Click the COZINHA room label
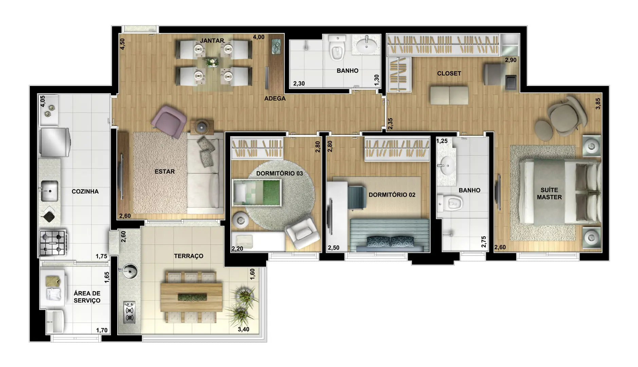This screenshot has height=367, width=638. point(85,192)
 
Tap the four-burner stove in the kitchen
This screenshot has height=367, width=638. point(53,243)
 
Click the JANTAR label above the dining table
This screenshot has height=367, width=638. point(212,41)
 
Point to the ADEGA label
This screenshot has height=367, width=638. point(275,99)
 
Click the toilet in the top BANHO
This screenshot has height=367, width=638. point(337,48)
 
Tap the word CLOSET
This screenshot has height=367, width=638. point(449,73)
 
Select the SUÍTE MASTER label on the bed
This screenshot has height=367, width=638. point(549,194)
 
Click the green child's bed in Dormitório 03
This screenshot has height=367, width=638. point(257,193)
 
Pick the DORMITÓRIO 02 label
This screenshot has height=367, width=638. point(392,195)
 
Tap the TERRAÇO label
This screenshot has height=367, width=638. point(188,256)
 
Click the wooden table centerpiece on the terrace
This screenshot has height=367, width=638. point(192,297)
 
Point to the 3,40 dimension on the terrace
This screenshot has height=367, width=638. point(243,329)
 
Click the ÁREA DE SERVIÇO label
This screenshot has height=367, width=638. point(87,297)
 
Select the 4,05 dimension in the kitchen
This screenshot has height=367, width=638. point(42,101)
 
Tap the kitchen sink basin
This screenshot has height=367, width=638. point(50,191)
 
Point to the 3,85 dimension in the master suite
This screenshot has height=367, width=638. point(598,103)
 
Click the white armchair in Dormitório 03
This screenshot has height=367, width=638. point(302,232)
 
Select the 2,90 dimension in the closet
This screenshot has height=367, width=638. point(511,60)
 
